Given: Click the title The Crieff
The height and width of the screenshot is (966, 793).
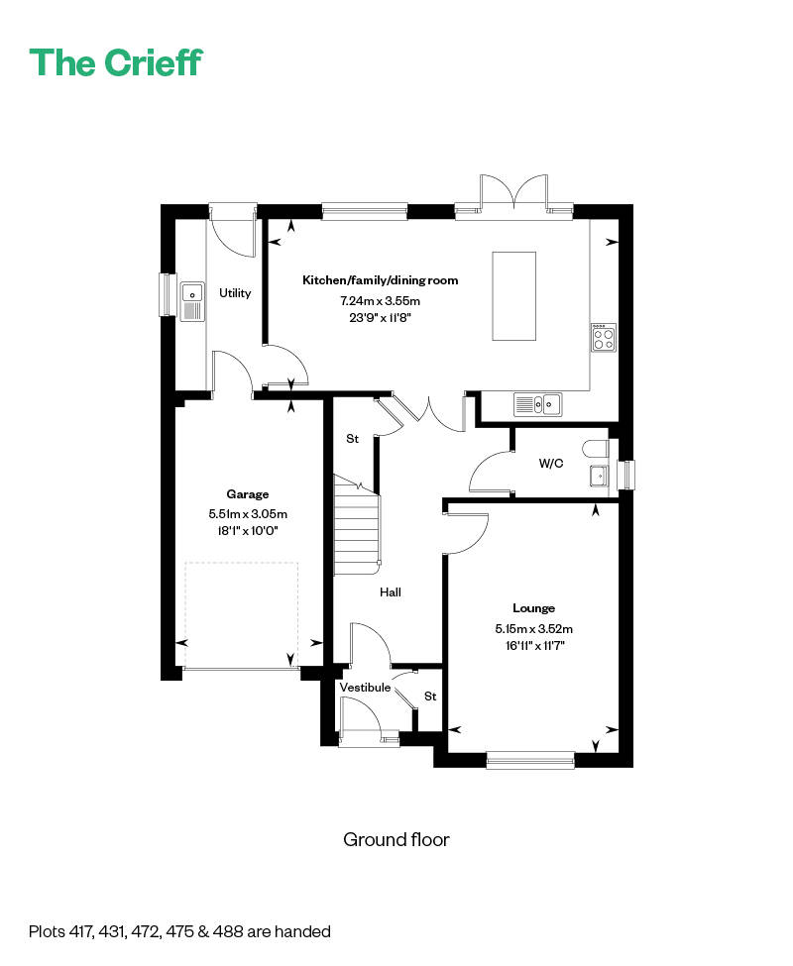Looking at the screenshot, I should tap(116, 62).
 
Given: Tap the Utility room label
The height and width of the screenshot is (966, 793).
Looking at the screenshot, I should tap(235, 293).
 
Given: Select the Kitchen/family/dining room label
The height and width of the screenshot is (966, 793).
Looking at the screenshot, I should tap(380, 280).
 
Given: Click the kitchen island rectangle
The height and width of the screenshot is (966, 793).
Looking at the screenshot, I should tap(514, 296).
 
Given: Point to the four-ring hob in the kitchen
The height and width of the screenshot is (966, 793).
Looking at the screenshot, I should tap(603, 339).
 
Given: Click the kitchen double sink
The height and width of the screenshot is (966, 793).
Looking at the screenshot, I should tap(537, 403).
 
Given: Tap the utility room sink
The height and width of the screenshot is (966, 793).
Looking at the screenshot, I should tap(191, 301).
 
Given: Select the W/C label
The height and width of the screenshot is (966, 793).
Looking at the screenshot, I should tap(551, 463).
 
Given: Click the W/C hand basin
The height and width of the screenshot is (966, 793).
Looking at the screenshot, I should tap(599, 477).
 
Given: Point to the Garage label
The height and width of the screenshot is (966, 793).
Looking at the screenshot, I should tap(248, 494).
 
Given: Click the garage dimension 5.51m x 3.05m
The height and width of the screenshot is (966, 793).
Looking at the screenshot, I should tap(248, 514).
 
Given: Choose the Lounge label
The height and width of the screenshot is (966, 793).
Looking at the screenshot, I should tap(533, 608).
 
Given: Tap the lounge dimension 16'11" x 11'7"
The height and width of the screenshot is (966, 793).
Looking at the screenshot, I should tap(534, 645).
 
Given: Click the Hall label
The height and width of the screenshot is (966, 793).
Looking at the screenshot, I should tap(391, 592).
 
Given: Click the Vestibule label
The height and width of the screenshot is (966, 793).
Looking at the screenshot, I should tap(365, 688).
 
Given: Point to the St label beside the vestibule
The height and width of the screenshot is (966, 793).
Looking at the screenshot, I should tap(430, 697).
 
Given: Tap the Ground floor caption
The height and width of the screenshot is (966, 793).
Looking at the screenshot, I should tap(396, 840).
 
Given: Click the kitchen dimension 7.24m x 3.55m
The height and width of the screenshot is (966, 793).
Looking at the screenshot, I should tap(380, 300).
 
